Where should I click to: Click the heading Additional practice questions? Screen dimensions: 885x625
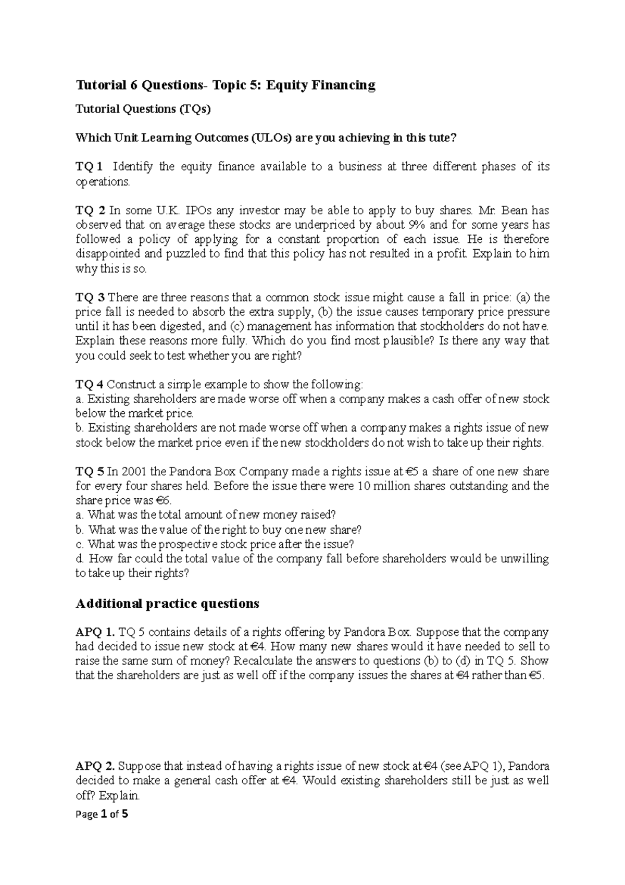pyautogui.click(x=167, y=604)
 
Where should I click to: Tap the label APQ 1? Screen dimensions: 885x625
pyautogui.click(x=95, y=633)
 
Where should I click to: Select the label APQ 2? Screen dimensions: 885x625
pyautogui.click(x=95, y=767)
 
